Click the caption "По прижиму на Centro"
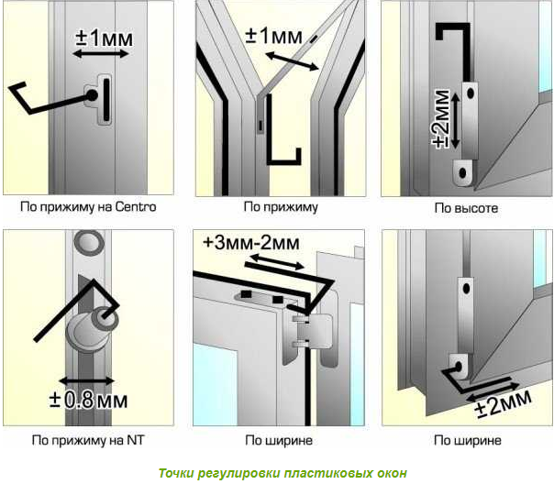tap(88, 207)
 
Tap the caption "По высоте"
tap(466, 208)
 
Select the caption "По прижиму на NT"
tap(88, 440)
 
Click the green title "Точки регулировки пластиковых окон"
tap(283, 473)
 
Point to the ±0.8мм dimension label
tap(89, 401)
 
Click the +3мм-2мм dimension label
tap(251, 243)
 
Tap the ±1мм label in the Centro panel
tap(105, 38)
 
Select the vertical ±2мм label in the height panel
tap(441, 119)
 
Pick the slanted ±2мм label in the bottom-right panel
tap(504, 402)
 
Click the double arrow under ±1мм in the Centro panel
tap(101, 54)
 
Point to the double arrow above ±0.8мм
tap(87, 381)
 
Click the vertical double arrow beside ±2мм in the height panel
tap(456, 120)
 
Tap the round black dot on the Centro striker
tap(92, 95)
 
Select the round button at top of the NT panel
tap(89, 241)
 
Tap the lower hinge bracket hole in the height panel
tap(462, 173)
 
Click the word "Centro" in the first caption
tap(136, 206)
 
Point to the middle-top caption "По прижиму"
tap(281, 207)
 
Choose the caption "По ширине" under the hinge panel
tap(279, 440)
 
